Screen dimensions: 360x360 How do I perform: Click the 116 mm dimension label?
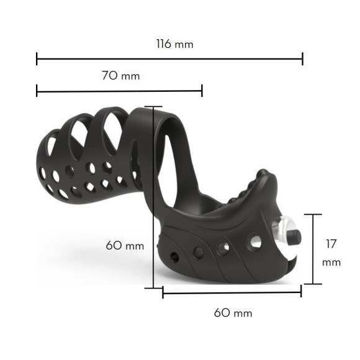(x=174, y=43)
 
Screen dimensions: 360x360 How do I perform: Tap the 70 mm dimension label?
(x=121, y=76)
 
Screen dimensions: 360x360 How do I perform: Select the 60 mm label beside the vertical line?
(x=125, y=246)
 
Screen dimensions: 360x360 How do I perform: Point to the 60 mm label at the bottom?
(x=233, y=313)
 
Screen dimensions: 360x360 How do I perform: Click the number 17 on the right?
(x=331, y=244)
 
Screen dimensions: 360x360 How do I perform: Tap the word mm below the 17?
(x=331, y=263)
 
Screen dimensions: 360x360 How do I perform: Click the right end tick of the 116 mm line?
(x=303, y=59)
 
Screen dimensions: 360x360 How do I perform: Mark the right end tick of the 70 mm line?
(x=202, y=91)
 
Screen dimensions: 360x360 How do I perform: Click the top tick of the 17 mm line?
(x=313, y=214)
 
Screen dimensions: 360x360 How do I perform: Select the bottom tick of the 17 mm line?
(x=313, y=284)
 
